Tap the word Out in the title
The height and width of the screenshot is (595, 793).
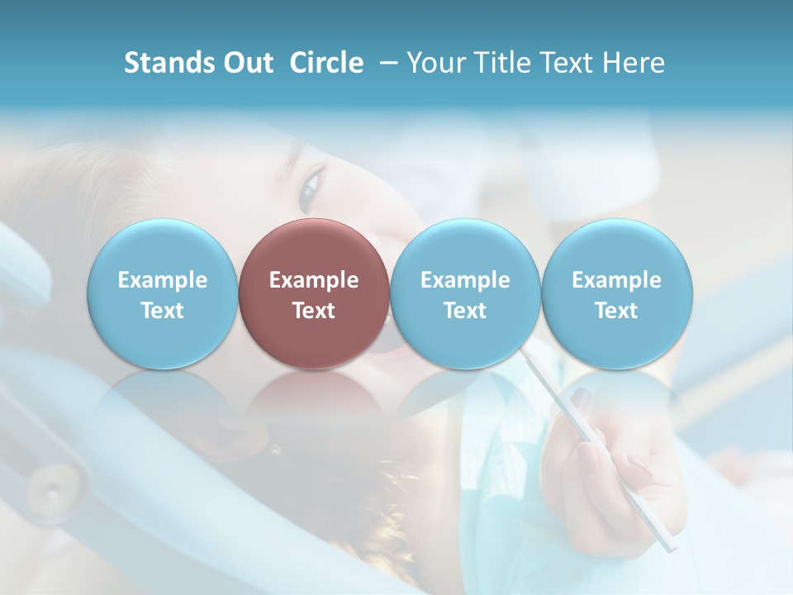click(x=247, y=63)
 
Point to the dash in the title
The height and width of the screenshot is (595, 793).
click(x=385, y=63)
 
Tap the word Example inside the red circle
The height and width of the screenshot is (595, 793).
click(x=314, y=280)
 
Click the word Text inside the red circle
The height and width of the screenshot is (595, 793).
click(x=314, y=311)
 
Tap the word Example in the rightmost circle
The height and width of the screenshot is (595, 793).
click(x=616, y=280)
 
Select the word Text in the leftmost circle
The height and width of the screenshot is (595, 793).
click(x=162, y=311)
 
